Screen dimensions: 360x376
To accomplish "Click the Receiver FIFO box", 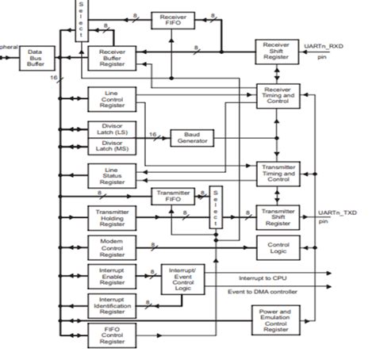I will pos(174,21).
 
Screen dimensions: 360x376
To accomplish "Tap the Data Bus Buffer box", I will pos(34,57).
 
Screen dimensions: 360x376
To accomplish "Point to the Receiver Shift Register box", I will pos(276,52).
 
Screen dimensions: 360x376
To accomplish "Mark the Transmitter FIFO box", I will pos(174,197).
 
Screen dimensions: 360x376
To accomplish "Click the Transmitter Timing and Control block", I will pos(276,174).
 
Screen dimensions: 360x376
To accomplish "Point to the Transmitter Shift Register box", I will pos(276,216).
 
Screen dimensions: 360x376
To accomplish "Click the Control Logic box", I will pos(276,247).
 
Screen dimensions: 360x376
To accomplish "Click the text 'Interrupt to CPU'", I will pos(263,278).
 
